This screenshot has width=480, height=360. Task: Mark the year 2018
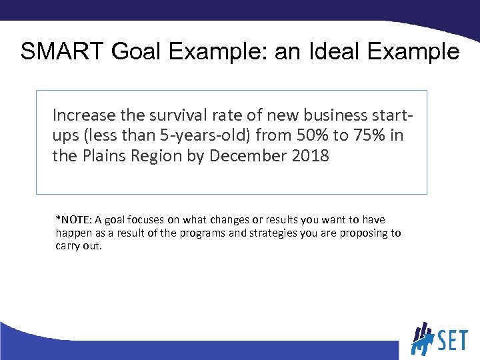pos(310,157)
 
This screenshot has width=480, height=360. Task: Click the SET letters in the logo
pos(453,341)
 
